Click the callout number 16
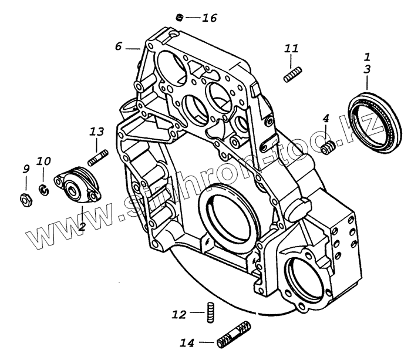pyautogui.click(x=209, y=18)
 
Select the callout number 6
pyautogui.click(x=119, y=46)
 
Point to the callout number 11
pyautogui.click(x=292, y=48)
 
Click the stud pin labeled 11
pyautogui.click(x=292, y=75)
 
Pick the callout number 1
pyautogui.click(x=367, y=57)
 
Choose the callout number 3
pyautogui.click(x=367, y=69)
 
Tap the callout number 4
pyautogui.click(x=326, y=119)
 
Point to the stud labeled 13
pyautogui.click(x=97, y=157)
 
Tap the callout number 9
pyautogui.click(x=26, y=169)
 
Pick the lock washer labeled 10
pyautogui.click(x=43, y=189)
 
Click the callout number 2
pyautogui.click(x=82, y=226)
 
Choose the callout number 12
pyautogui.click(x=180, y=315)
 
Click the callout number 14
pyautogui.click(x=188, y=342)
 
